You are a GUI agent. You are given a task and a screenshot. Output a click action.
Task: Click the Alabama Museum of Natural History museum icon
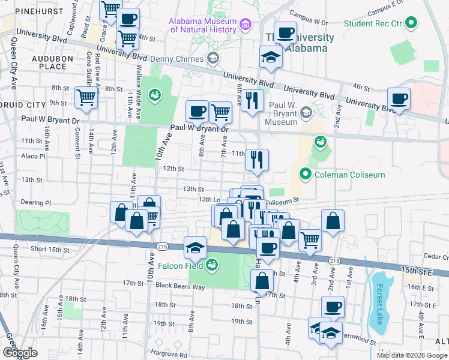pyautogui.click(x=245, y=25)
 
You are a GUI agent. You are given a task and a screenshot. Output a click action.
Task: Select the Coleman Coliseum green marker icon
pyautogui.click(x=306, y=175)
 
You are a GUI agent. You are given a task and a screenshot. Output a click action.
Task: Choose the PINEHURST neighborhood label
pyautogui.click(x=25, y=11)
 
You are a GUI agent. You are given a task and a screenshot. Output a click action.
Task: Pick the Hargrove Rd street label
pyautogui.click(x=169, y=355)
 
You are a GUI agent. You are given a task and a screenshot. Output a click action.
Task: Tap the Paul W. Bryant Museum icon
pyautogui.click(x=306, y=112)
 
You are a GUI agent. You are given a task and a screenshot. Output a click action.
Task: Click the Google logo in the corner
pyautogui.click(x=20, y=352)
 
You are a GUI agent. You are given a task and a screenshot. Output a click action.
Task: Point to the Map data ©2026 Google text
pyautogui.click(x=412, y=355)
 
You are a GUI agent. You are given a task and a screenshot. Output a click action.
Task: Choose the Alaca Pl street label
pyautogui.click(x=33, y=155)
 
